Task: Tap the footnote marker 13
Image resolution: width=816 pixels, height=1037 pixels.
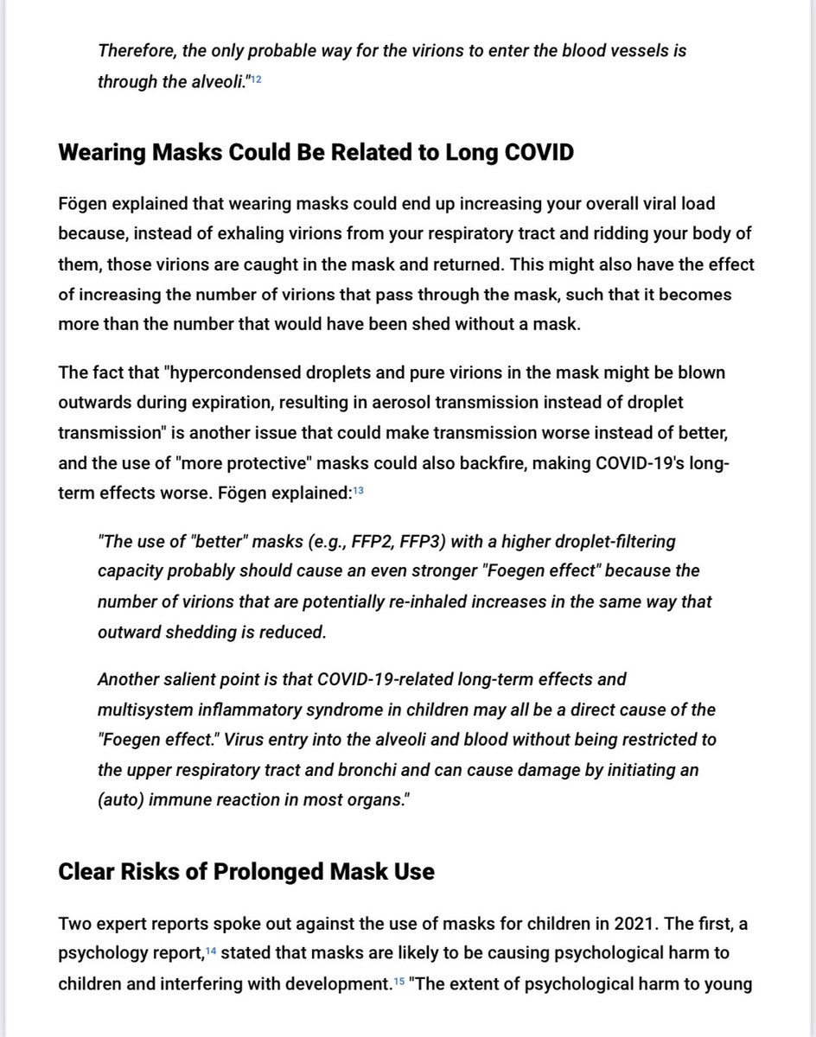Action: point(359,491)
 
